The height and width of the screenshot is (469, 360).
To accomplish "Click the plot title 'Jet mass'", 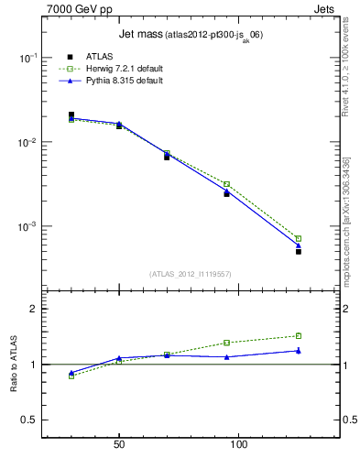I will pyautogui.click(x=140, y=35).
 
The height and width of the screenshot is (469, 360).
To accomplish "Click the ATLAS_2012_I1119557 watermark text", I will pyautogui.click(x=184, y=274).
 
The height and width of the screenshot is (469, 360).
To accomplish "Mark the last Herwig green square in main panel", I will pyautogui.click(x=299, y=238).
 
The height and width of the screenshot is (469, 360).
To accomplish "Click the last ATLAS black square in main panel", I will pyautogui.click(x=299, y=251).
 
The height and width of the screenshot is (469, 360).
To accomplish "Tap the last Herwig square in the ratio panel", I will pyautogui.click(x=299, y=335).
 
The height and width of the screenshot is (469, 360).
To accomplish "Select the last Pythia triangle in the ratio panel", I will pyautogui.click(x=299, y=350).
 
